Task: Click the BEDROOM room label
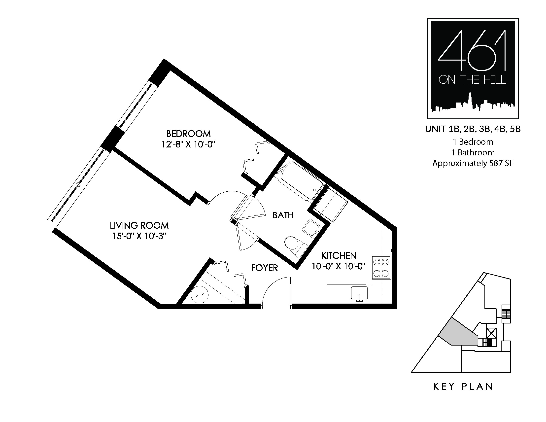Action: coord(188,134)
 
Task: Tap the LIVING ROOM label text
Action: coord(139,225)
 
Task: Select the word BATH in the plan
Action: coord(283,215)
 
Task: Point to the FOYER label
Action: coord(265,268)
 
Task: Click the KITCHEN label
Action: coord(339,255)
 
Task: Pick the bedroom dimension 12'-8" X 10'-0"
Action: coord(189,144)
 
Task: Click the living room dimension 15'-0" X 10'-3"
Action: coord(139,236)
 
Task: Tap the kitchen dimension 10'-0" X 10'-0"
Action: coord(339,266)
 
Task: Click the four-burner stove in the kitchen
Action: coord(381,267)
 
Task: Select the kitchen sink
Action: coord(360,294)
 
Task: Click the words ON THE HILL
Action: coord(472,80)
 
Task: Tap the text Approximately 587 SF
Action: coord(473,163)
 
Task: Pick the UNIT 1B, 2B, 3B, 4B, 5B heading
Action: coord(473,129)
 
